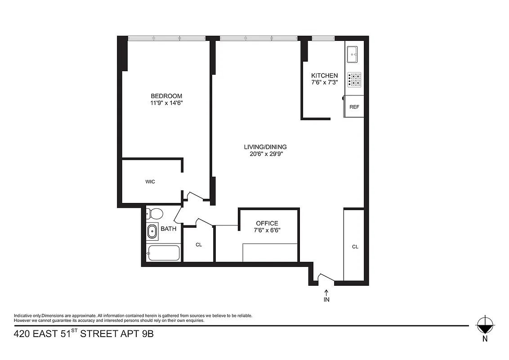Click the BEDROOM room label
pos(166,96)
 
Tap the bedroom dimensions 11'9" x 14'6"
pos(166,103)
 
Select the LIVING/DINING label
pos(265,147)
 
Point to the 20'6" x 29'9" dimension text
pos(265,154)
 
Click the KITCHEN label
pos(324,76)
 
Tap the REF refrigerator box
pos(354,107)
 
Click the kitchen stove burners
pos(355,80)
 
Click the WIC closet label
pos(150,182)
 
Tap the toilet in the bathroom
pos(155,213)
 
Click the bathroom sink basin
pos(152,231)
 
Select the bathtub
pos(163,253)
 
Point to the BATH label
pos(169,229)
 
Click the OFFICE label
pos(267,223)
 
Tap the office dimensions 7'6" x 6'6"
pos(267,230)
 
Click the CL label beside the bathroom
pos(199,245)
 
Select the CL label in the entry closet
pos(355,247)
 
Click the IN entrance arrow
pos(326,295)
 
